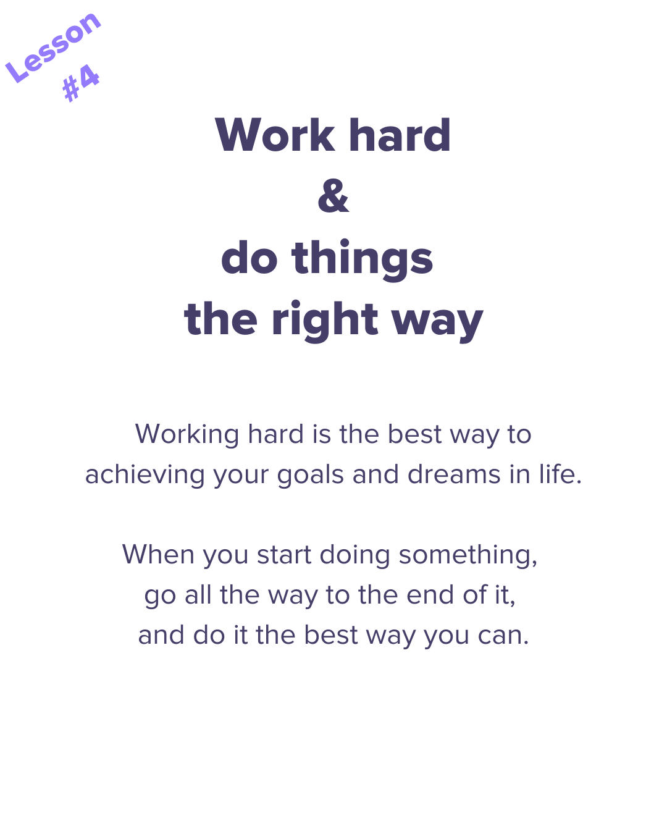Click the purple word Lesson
click(x=53, y=47)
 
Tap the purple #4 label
click(x=81, y=83)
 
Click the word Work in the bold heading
click(x=275, y=135)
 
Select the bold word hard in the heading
click(x=400, y=134)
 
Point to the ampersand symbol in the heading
click(x=333, y=195)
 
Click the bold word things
click(x=362, y=259)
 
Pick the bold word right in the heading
click(x=325, y=320)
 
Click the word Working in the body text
click(x=187, y=435)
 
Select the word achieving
click(x=145, y=475)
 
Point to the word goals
click(x=311, y=475)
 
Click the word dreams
click(x=454, y=474)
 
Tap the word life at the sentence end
click(x=557, y=474)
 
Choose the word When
click(x=158, y=554)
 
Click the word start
click(x=284, y=555)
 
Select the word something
click(x=466, y=555)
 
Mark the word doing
click(x=354, y=555)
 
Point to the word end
click(x=430, y=595)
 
